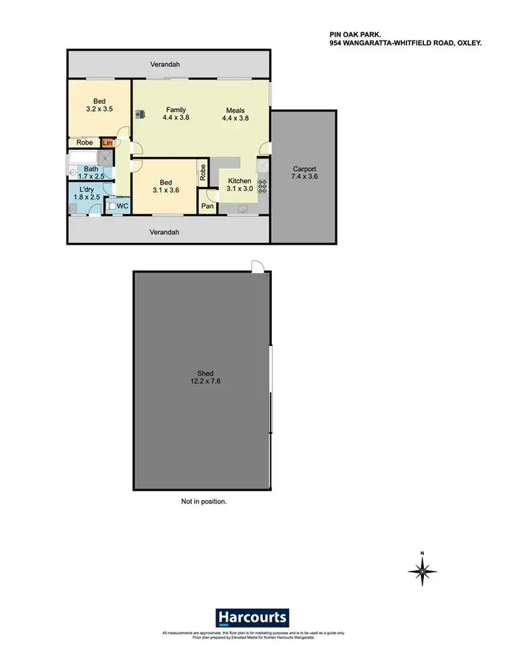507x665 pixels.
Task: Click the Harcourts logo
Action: point(253,617)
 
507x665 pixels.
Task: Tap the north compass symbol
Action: point(422,572)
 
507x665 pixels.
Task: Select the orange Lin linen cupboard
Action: point(107,143)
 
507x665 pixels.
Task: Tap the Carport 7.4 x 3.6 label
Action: point(304,173)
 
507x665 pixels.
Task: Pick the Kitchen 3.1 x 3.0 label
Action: point(239,184)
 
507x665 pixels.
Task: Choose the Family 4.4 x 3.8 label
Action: point(176,114)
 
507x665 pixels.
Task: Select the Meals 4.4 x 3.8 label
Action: point(235,114)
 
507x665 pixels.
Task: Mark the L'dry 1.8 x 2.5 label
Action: point(87,193)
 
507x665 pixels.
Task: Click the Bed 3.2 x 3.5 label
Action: point(98,104)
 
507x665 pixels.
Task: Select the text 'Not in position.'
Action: point(203,502)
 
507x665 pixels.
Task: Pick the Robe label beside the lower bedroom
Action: point(201,172)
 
